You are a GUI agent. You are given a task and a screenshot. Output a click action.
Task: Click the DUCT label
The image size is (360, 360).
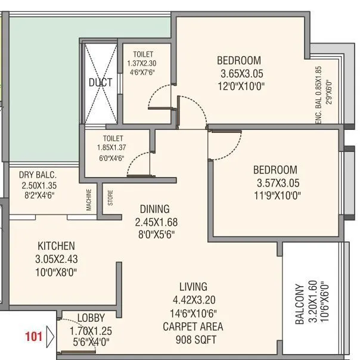pos(101,83)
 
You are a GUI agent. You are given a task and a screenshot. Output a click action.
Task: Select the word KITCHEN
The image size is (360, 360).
pos(57,246)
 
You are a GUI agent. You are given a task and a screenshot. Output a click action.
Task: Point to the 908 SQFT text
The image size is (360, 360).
pos(193,340)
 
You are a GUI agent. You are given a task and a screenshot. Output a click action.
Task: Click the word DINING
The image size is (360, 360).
pos(155,209)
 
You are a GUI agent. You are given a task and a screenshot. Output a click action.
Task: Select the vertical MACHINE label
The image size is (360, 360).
pos(89,200)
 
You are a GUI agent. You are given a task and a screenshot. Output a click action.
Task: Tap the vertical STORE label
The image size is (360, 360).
pos(110,198)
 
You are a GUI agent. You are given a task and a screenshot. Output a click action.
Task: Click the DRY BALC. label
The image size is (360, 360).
pos(38,175)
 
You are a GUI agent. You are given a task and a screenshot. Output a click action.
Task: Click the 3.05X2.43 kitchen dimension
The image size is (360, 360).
pos(57,259)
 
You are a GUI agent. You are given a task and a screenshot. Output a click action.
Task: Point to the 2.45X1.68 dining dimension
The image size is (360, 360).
pos(155,222)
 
